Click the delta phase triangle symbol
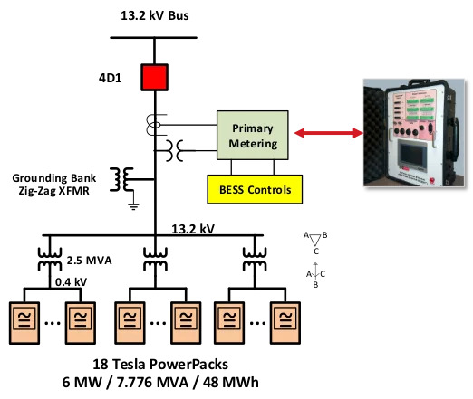tap(314, 239)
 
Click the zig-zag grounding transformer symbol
tap(121, 180)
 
